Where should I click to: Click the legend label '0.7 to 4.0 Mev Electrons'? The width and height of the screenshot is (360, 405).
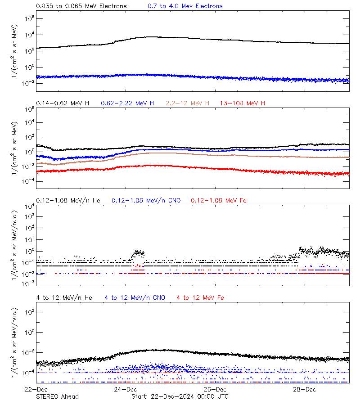click(x=185, y=6)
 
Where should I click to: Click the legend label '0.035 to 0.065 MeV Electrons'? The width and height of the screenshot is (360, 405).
click(x=81, y=6)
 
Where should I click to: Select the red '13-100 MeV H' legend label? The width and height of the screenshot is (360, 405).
click(x=243, y=103)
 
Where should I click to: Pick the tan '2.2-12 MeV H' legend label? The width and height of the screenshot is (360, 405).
click(x=188, y=103)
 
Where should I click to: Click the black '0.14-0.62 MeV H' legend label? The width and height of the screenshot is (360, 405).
click(x=63, y=103)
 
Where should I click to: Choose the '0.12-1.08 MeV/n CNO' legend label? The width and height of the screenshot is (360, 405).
click(x=146, y=200)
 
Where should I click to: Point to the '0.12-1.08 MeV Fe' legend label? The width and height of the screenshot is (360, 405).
click(x=219, y=200)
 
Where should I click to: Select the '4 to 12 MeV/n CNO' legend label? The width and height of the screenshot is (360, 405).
click(x=135, y=297)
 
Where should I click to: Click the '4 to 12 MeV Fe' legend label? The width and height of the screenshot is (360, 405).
click(x=200, y=297)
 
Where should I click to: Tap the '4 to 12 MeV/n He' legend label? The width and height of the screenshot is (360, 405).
click(x=64, y=297)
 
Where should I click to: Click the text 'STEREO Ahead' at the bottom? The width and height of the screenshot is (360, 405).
click(x=57, y=396)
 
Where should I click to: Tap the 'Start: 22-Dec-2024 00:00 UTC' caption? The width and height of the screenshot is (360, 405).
click(x=180, y=396)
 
